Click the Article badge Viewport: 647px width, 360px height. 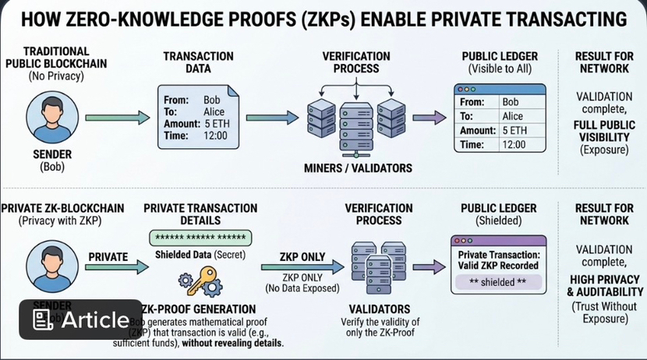pos(81,319)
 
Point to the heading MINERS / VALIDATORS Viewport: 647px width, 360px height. pos(358,168)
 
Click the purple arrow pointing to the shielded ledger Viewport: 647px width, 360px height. pos(423,268)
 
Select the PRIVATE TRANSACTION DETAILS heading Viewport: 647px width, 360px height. pos(200,214)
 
